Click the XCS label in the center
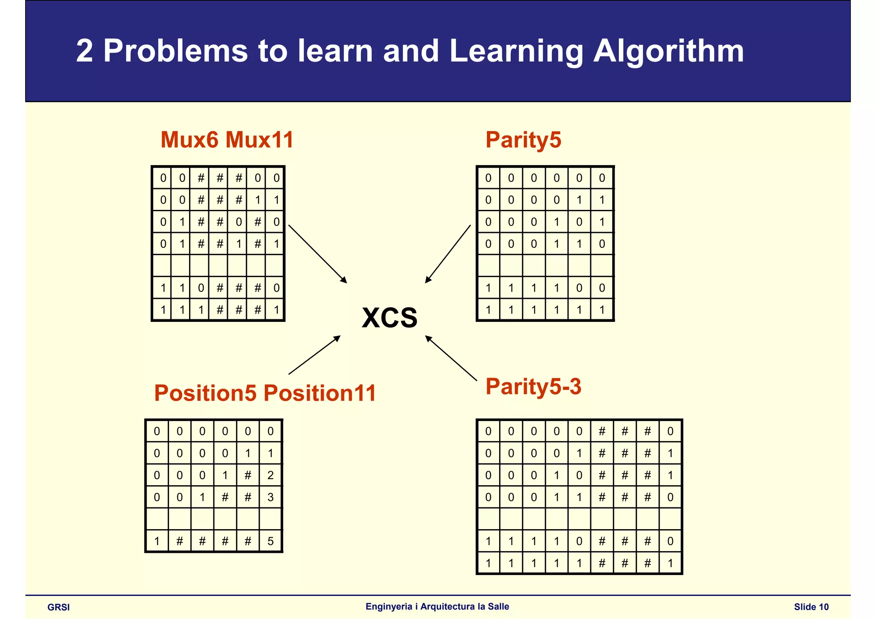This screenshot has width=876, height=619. tap(389, 318)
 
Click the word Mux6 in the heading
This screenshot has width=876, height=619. tap(189, 140)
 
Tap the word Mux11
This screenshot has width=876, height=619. tap(259, 140)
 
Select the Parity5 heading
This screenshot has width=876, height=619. tap(523, 140)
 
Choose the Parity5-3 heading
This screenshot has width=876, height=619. tap(533, 386)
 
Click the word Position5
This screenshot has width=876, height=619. tap(205, 393)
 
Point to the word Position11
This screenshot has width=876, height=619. tap(320, 393)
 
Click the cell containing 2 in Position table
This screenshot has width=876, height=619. tap(270, 475)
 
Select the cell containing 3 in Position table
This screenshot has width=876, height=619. tap(270, 497)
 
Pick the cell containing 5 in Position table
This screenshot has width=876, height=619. tap(270, 542)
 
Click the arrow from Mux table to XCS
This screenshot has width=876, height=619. tap(317, 254)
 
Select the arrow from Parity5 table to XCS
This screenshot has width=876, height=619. tap(447, 254)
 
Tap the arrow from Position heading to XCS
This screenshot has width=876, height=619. tap(314, 355)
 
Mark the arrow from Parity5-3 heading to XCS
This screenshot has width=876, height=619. tap(451, 358)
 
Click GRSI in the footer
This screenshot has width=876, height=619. tap(59, 607)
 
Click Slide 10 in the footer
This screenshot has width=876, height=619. tap(811, 607)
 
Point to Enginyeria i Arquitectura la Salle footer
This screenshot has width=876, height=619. tap(437, 607)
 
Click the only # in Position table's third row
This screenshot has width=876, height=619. tap(248, 475)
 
